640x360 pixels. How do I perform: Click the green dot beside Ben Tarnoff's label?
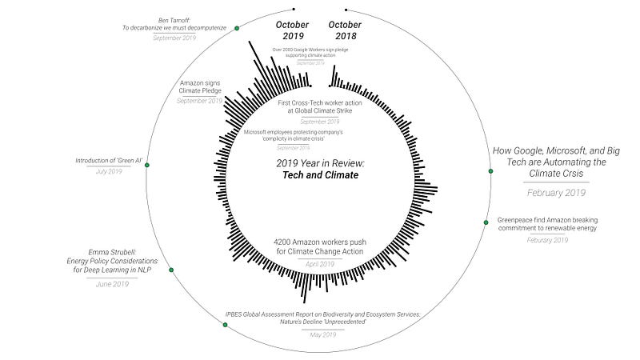pyautogui.click(x=237, y=28)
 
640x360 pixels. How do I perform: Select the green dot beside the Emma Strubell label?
pyautogui.click(x=170, y=270)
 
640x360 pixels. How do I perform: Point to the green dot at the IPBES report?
pyautogui.click(x=225, y=324)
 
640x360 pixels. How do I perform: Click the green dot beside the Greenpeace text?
pyautogui.click(x=486, y=222)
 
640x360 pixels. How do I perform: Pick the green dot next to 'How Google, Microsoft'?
pyautogui.click(x=490, y=171)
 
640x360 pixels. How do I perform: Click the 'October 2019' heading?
pyautogui.click(x=292, y=30)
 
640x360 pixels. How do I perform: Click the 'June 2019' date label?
pyautogui.click(x=112, y=283)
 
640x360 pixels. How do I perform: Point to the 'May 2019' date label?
pyautogui.click(x=324, y=334)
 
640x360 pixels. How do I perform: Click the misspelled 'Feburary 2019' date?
pyautogui.click(x=548, y=239)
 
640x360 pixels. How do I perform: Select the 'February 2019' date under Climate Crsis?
pyautogui.click(x=557, y=192)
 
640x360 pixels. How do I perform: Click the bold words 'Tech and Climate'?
pyautogui.click(x=318, y=175)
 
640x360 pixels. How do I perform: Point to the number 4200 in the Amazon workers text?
pyautogui.click(x=285, y=242)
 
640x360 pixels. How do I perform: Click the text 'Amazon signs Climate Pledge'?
pyautogui.click(x=201, y=86)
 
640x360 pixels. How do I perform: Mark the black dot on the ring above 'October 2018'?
pyautogui.click(x=346, y=10)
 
